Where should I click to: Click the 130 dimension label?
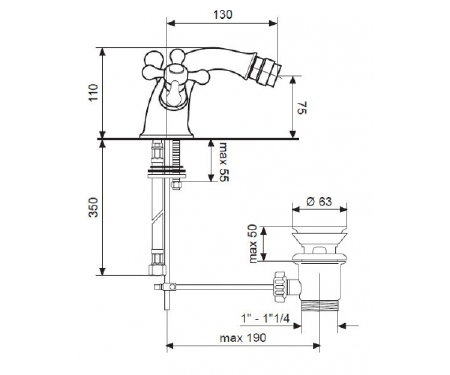(223, 15)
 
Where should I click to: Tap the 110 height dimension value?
(94, 92)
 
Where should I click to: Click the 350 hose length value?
(94, 207)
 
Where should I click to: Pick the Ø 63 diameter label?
(319, 202)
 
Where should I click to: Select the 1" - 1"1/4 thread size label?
(265, 319)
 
